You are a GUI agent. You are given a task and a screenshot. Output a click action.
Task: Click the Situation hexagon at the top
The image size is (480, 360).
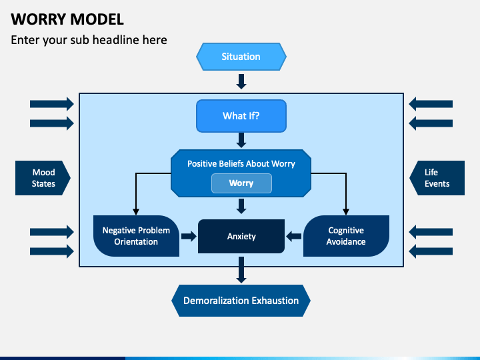click(x=241, y=57)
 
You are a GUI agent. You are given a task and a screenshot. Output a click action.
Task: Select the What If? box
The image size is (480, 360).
click(x=241, y=116)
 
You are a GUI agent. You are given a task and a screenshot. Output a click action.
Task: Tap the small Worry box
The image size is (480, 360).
click(x=241, y=183)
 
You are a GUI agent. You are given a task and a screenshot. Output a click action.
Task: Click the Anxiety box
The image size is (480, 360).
click(x=241, y=236)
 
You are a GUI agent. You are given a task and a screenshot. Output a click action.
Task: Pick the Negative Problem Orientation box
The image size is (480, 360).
click(x=136, y=236)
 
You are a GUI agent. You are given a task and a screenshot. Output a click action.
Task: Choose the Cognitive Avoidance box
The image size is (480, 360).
click(x=346, y=236)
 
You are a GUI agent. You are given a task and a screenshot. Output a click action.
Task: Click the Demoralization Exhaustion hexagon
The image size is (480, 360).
click(x=241, y=301)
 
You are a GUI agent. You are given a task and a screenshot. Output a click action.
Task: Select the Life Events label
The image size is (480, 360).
click(x=437, y=178)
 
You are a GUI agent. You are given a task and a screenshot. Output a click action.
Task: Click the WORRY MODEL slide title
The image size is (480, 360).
click(x=67, y=19)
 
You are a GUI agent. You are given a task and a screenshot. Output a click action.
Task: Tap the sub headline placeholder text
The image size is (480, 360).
click(x=89, y=40)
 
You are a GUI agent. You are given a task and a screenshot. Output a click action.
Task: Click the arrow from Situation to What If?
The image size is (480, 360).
click(x=241, y=81)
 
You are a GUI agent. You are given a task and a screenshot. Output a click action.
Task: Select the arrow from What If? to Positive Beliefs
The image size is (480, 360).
click(x=241, y=140)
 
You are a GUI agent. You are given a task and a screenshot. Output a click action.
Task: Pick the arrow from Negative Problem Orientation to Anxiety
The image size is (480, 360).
click(x=189, y=236)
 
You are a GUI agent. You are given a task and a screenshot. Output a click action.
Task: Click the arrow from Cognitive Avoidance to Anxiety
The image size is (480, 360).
click(x=294, y=236)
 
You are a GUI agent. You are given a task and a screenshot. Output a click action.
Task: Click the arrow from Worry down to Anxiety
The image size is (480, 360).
click(x=241, y=207)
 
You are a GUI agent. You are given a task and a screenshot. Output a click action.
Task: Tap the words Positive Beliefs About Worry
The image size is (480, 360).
click(x=241, y=163)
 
